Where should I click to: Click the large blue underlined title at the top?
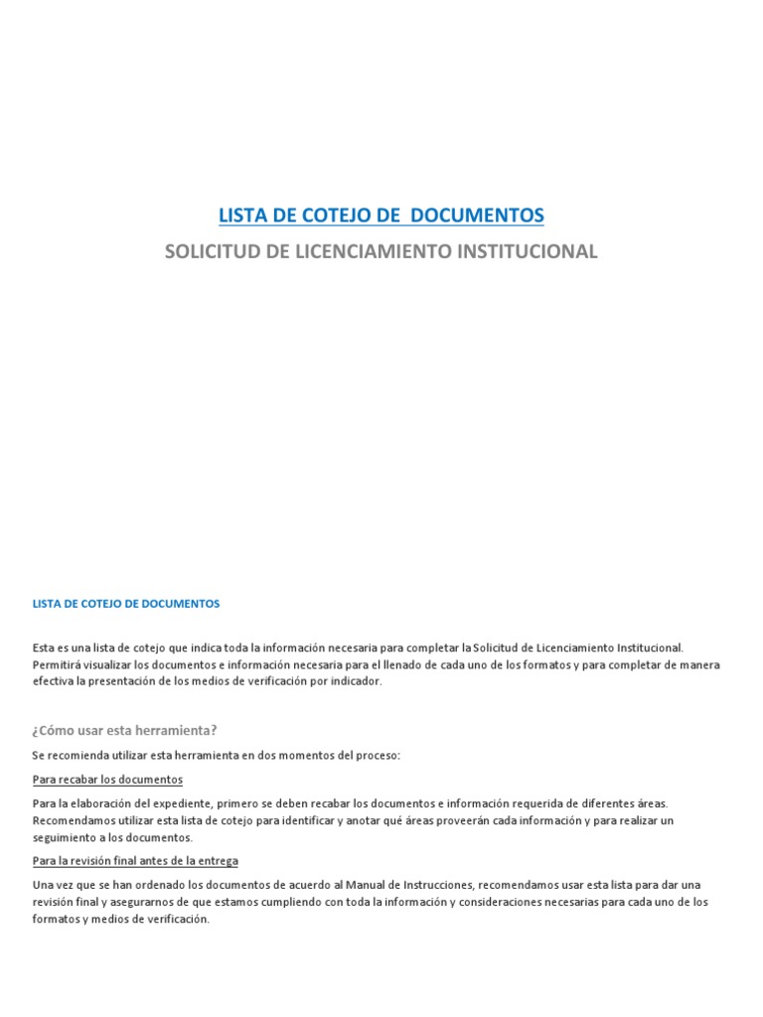pos(381,215)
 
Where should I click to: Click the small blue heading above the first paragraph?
pos(125,603)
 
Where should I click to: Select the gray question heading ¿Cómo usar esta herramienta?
pos(124,730)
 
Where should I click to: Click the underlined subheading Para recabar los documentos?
pos(107,779)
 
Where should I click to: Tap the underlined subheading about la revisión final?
pos(135,860)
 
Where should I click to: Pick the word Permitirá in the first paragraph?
pos(58,664)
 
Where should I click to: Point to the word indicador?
pos(355,681)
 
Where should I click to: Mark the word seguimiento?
pos(64,837)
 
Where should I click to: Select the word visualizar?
pos(110,664)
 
